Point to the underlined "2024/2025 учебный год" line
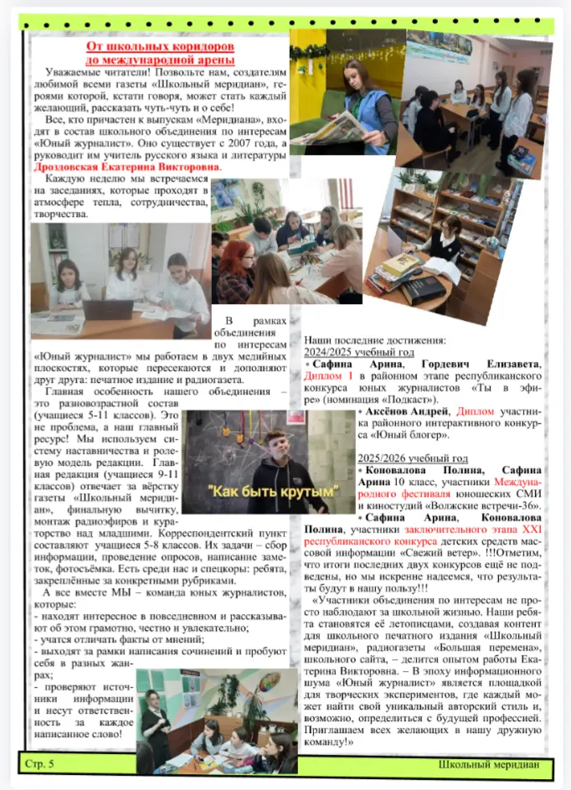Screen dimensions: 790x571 [359, 353]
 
